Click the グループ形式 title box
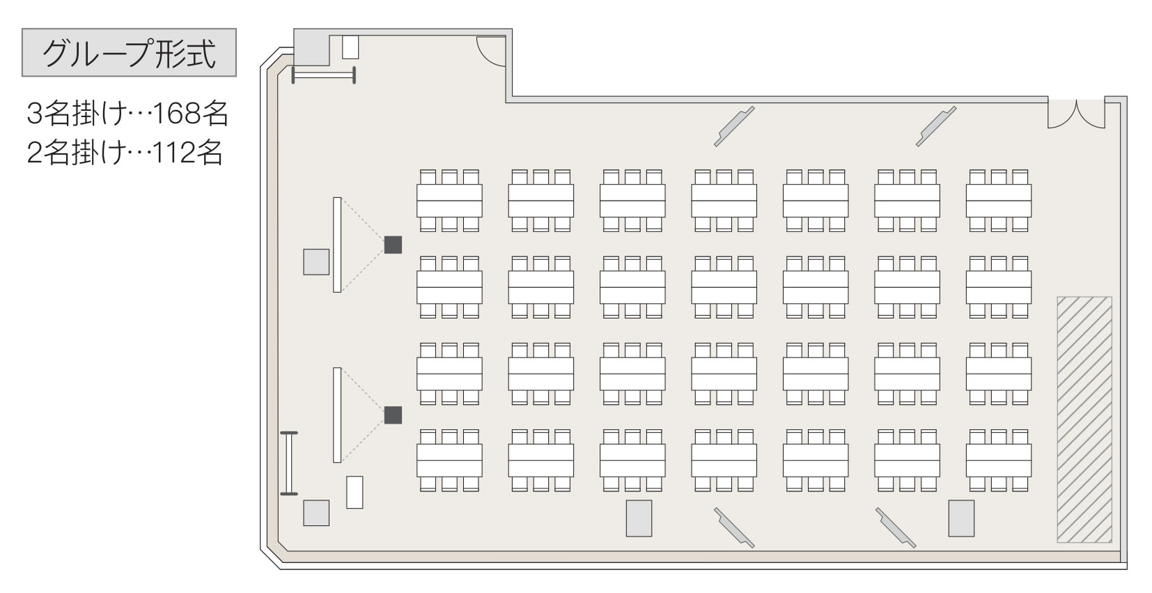click(129, 52)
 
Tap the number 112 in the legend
click(174, 153)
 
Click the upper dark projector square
click(393, 245)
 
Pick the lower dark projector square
click(393, 415)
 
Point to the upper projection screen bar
click(337, 245)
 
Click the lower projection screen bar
click(337, 415)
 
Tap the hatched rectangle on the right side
click(1084, 419)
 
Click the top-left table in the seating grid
click(449, 201)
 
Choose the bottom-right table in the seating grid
click(998, 461)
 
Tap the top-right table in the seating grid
click(998, 201)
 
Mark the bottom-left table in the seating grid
click(449, 461)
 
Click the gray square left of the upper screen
click(316, 262)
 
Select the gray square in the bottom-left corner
click(316, 513)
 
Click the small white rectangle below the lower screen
click(355, 492)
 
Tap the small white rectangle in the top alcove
click(350, 47)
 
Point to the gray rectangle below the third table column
click(639, 518)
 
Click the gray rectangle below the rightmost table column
click(961, 518)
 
